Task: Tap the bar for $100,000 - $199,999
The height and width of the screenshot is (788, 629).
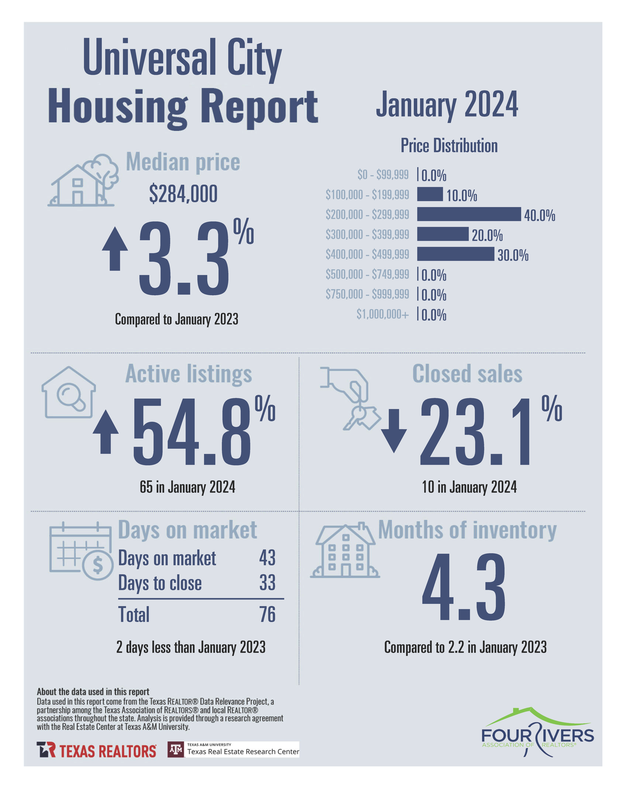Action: click(x=430, y=194)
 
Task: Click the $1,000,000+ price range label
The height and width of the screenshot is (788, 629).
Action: click(x=382, y=314)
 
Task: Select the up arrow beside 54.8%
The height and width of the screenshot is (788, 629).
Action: click(x=106, y=432)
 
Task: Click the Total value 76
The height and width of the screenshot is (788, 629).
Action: click(x=267, y=614)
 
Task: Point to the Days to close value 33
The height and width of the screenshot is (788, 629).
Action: click(x=267, y=583)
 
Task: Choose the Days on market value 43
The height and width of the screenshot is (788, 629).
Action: click(x=267, y=558)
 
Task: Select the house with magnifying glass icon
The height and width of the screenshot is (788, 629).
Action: click(x=69, y=393)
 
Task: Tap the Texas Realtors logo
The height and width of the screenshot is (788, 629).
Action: click(x=96, y=750)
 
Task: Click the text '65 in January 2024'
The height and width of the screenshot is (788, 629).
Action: click(x=187, y=487)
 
